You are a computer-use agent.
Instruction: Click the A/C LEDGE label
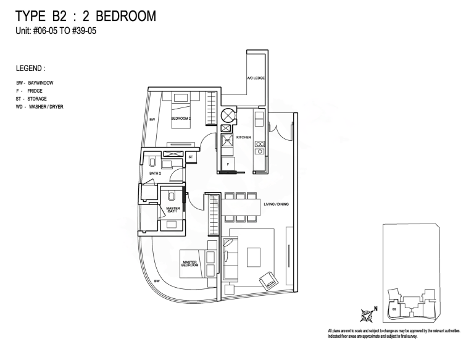[x=256, y=79]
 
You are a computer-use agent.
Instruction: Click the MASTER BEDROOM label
[x=190, y=264]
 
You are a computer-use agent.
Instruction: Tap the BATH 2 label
[x=155, y=174]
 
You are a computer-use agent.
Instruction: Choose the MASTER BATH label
[x=172, y=210]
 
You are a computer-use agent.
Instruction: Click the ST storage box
[x=191, y=157]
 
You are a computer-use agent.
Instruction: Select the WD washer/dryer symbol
[x=227, y=141]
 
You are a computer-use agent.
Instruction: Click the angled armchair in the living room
[x=268, y=280]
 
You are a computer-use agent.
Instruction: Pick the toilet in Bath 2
[x=152, y=162]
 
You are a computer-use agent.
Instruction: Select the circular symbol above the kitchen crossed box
[x=227, y=115]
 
